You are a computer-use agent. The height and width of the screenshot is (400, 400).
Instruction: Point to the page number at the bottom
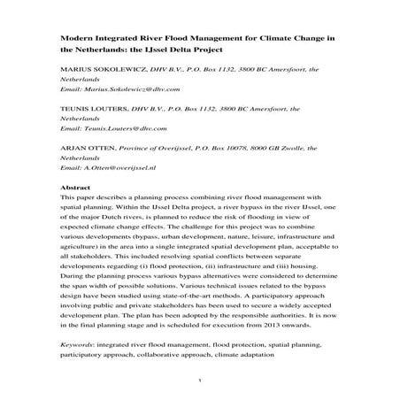pos(200,383)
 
